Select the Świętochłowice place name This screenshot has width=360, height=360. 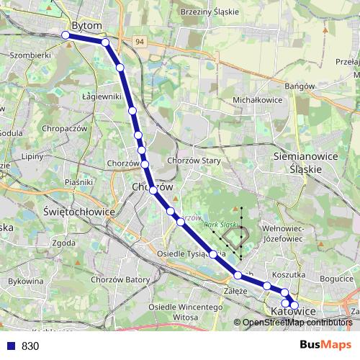tap(79, 212)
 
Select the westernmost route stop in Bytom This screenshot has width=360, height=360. tap(66, 35)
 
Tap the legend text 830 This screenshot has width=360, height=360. tap(30, 346)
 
